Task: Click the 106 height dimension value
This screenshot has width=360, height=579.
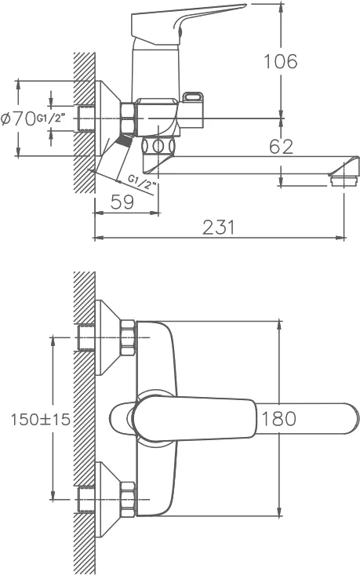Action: click(281, 62)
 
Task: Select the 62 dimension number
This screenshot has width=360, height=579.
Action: click(281, 147)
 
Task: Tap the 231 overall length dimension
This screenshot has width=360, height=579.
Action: click(219, 227)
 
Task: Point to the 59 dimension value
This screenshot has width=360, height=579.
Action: click(122, 202)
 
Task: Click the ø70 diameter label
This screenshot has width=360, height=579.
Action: click(18, 119)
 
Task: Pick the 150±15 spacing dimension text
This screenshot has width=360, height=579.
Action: click(40, 420)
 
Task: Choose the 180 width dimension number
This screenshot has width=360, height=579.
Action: click(278, 419)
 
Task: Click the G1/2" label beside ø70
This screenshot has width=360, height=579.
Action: click(50, 119)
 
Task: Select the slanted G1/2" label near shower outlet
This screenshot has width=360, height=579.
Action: click(143, 182)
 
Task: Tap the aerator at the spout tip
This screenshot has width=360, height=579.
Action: click(344, 180)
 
